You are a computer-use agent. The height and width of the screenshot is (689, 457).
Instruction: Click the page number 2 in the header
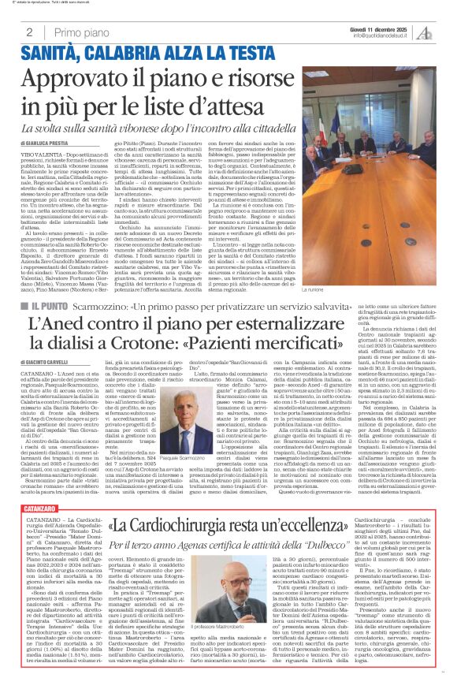tap(28, 32)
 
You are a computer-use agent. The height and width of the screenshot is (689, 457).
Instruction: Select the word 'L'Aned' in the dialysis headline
tap(52, 325)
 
